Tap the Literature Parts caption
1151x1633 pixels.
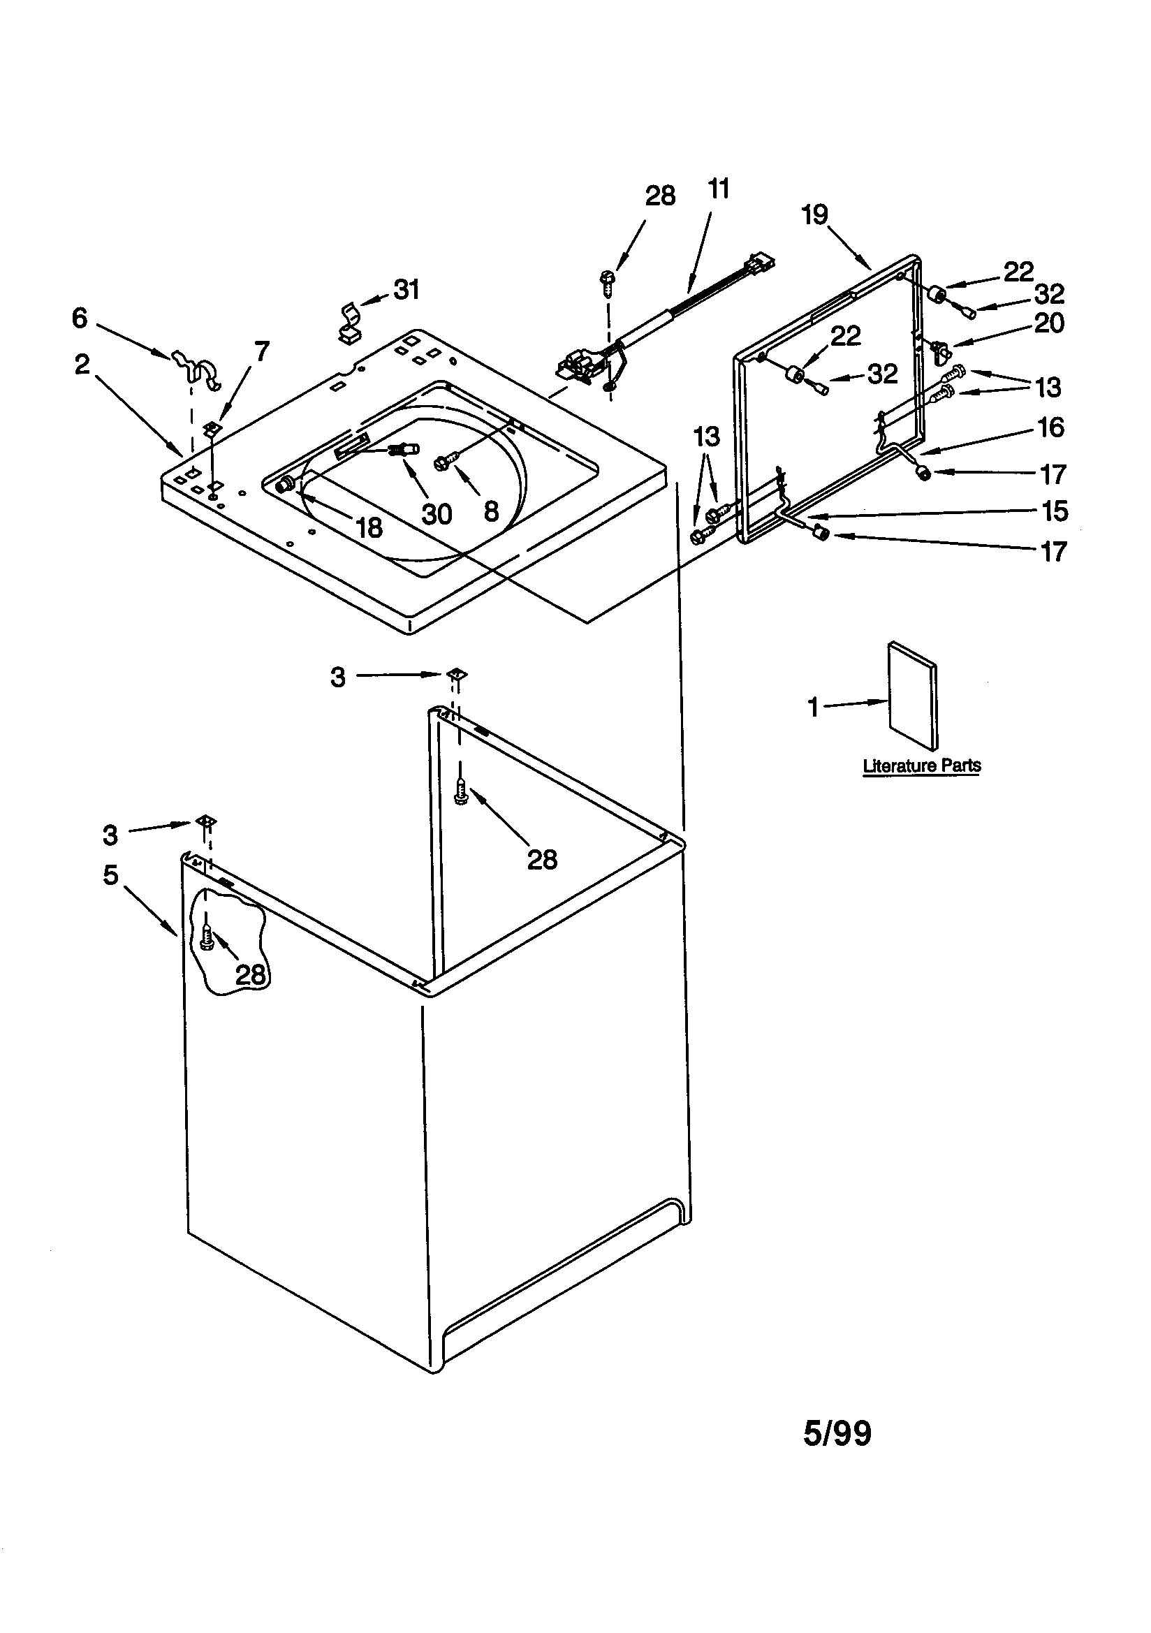921,766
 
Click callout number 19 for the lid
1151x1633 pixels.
815,214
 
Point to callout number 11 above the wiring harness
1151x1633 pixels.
719,190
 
